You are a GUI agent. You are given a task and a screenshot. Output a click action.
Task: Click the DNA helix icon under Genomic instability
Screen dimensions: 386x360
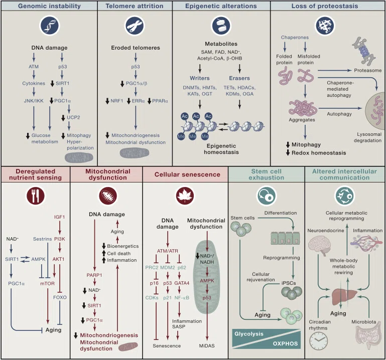[x=50, y=26]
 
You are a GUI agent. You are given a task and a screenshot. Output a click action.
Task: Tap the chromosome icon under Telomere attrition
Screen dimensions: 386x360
[x=135, y=26]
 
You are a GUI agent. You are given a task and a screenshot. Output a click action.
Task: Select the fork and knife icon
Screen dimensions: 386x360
[x=36, y=196]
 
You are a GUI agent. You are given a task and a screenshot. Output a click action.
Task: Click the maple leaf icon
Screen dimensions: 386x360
[x=185, y=196]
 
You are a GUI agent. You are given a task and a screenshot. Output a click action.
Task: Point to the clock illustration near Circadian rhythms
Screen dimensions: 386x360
[x=319, y=341]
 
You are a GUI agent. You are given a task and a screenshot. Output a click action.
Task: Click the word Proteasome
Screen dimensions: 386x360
[x=368, y=70]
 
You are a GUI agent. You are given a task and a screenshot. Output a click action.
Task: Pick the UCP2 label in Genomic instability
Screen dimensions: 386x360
[x=73, y=117]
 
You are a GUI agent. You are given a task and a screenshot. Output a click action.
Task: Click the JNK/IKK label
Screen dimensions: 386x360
[x=34, y=101]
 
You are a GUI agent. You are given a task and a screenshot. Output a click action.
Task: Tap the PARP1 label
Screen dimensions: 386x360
[x=94, y=275]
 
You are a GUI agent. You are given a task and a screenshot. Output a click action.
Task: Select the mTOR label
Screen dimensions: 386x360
[x=47, y=283]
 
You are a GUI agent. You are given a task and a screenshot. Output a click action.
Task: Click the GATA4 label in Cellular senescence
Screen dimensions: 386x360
[x=182, y=283]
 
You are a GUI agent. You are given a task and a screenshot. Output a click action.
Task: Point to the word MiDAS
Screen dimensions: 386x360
[x=207, y=346]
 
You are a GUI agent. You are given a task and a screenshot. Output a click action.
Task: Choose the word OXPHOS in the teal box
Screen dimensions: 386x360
[x=285, y=343]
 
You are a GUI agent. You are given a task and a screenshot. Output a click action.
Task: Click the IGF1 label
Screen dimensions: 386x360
[x=59, y=217]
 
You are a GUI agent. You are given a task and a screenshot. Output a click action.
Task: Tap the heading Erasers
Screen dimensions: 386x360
[x=239, y=78]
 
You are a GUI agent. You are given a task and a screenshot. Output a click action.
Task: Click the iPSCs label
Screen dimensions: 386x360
[x=289, y=283]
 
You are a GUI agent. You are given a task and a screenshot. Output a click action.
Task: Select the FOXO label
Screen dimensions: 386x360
[x=60, y=297]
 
